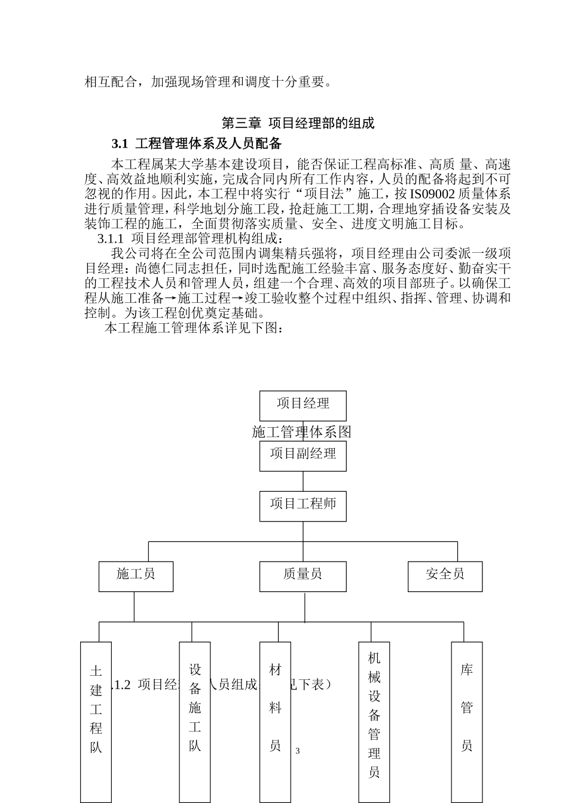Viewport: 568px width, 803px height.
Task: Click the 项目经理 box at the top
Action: tap(303, 405)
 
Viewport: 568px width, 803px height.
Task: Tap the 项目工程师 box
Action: tap(303, 505)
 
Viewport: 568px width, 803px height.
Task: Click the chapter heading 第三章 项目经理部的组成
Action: tap(298, 124)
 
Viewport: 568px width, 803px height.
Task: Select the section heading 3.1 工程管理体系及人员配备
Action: tap(197, 143)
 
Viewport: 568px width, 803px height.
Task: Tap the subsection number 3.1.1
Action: tap(110, 239)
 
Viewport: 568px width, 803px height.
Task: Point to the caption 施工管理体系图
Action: tap(301, 432)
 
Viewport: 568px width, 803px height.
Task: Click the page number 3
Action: tap(298, 751)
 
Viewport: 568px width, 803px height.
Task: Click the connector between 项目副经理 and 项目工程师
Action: tap(303, 481)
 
